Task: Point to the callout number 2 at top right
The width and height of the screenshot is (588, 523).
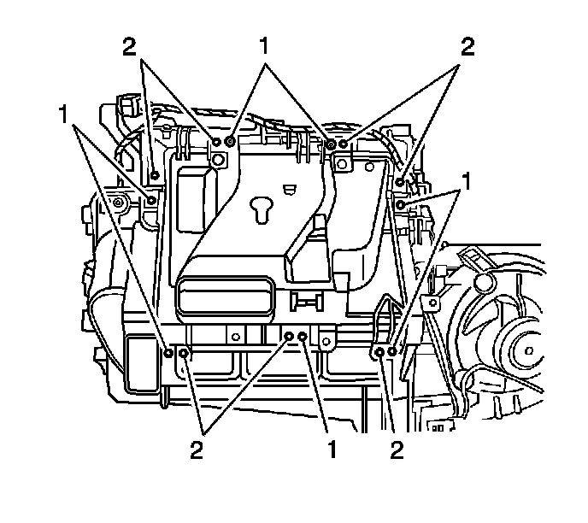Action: [467, 48]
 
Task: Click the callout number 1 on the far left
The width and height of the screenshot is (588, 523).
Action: [63, 115]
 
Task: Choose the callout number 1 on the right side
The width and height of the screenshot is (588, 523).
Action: [467, 181]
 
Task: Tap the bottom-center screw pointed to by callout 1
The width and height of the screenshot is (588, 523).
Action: [303, 337]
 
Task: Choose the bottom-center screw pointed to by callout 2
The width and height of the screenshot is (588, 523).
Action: [289, 337]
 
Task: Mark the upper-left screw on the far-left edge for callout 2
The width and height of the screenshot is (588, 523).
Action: [155, 175]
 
